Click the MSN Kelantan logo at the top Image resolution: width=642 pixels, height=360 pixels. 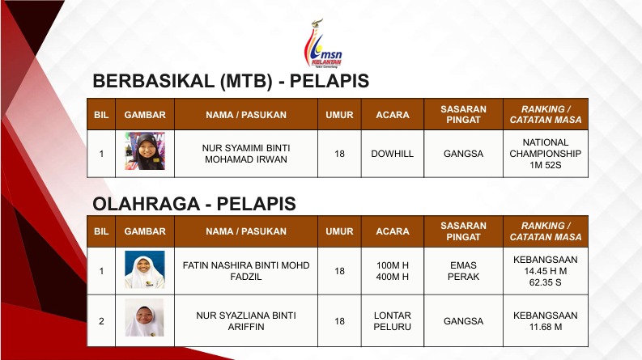(323, 44)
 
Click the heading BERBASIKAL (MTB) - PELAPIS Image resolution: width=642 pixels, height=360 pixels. (231, 81)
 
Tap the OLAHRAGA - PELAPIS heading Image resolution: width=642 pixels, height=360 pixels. (194, 204)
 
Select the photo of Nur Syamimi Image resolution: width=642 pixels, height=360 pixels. (145, 151)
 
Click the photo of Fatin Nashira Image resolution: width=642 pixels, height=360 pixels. (145, 269)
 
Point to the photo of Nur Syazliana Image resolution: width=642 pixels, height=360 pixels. (145, 317)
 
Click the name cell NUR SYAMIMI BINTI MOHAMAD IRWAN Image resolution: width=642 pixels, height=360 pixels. (246, 154)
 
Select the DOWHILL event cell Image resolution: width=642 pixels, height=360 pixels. (392, 154)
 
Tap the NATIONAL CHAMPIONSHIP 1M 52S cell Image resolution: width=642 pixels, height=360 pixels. (546, 154)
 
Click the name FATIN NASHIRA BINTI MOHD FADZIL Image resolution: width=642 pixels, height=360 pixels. (246, 271)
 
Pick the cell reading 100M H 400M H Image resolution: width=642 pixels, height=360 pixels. (392, 271)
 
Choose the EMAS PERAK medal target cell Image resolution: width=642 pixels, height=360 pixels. (463, 271)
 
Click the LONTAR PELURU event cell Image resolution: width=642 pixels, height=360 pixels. (392, 321)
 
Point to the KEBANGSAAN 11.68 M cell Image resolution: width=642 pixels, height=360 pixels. (546, 321)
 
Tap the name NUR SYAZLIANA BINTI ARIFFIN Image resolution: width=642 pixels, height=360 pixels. (246, 321)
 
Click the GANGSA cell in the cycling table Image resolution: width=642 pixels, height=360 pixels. (463, 154)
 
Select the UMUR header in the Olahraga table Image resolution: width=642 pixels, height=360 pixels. (339, 231)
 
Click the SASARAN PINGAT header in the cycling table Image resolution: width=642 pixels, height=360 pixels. (463, 115)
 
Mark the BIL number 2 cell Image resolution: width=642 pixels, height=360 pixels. (101, 321)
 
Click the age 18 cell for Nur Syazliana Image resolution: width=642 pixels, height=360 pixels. (339, 321)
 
